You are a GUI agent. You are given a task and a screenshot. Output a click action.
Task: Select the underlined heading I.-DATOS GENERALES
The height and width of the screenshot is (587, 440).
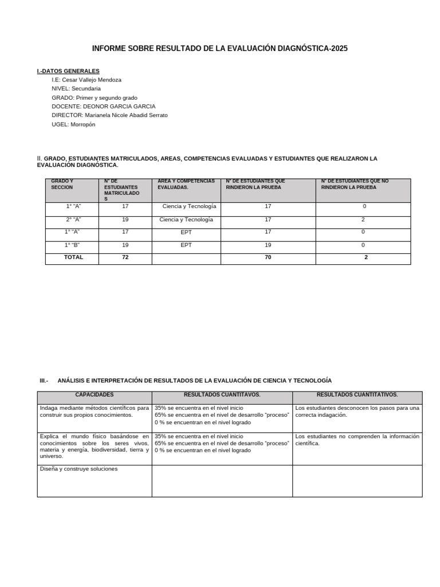point(68,71)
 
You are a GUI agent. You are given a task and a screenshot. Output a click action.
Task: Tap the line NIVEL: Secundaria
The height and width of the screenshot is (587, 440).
point(76,89)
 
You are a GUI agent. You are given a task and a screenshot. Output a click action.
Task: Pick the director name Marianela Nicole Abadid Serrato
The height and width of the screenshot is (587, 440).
point(127,115)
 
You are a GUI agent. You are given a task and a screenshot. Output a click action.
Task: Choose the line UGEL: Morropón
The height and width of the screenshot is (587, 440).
point(73,124)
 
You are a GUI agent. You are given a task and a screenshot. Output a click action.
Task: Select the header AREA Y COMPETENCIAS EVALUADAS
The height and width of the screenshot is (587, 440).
point(186,185)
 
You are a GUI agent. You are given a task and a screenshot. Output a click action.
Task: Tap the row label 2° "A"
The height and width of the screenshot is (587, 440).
point(73,220)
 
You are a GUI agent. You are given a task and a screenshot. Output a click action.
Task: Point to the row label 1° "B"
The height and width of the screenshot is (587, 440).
point(72,245)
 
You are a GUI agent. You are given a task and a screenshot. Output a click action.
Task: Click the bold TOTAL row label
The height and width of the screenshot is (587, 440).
point(73,257)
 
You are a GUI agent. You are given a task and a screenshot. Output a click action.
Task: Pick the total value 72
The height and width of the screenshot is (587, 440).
point(125,257)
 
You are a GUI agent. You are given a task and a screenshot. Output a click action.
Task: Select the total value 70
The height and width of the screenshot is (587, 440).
point(268,257)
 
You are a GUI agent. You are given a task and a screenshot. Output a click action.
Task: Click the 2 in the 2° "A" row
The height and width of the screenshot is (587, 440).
point(363,220)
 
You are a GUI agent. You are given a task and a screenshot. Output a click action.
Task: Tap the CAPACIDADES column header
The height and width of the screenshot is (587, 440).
point(95,395)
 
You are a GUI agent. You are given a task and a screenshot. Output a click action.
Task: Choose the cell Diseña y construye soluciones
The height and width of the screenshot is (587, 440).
point(78,469)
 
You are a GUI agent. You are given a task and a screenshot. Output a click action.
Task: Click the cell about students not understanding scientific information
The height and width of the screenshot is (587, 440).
point(357,440)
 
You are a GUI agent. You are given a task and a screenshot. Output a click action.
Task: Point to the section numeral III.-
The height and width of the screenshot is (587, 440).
point(44,381)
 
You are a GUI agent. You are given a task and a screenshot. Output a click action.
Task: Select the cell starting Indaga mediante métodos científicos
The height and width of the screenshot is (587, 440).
point(95,411)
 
